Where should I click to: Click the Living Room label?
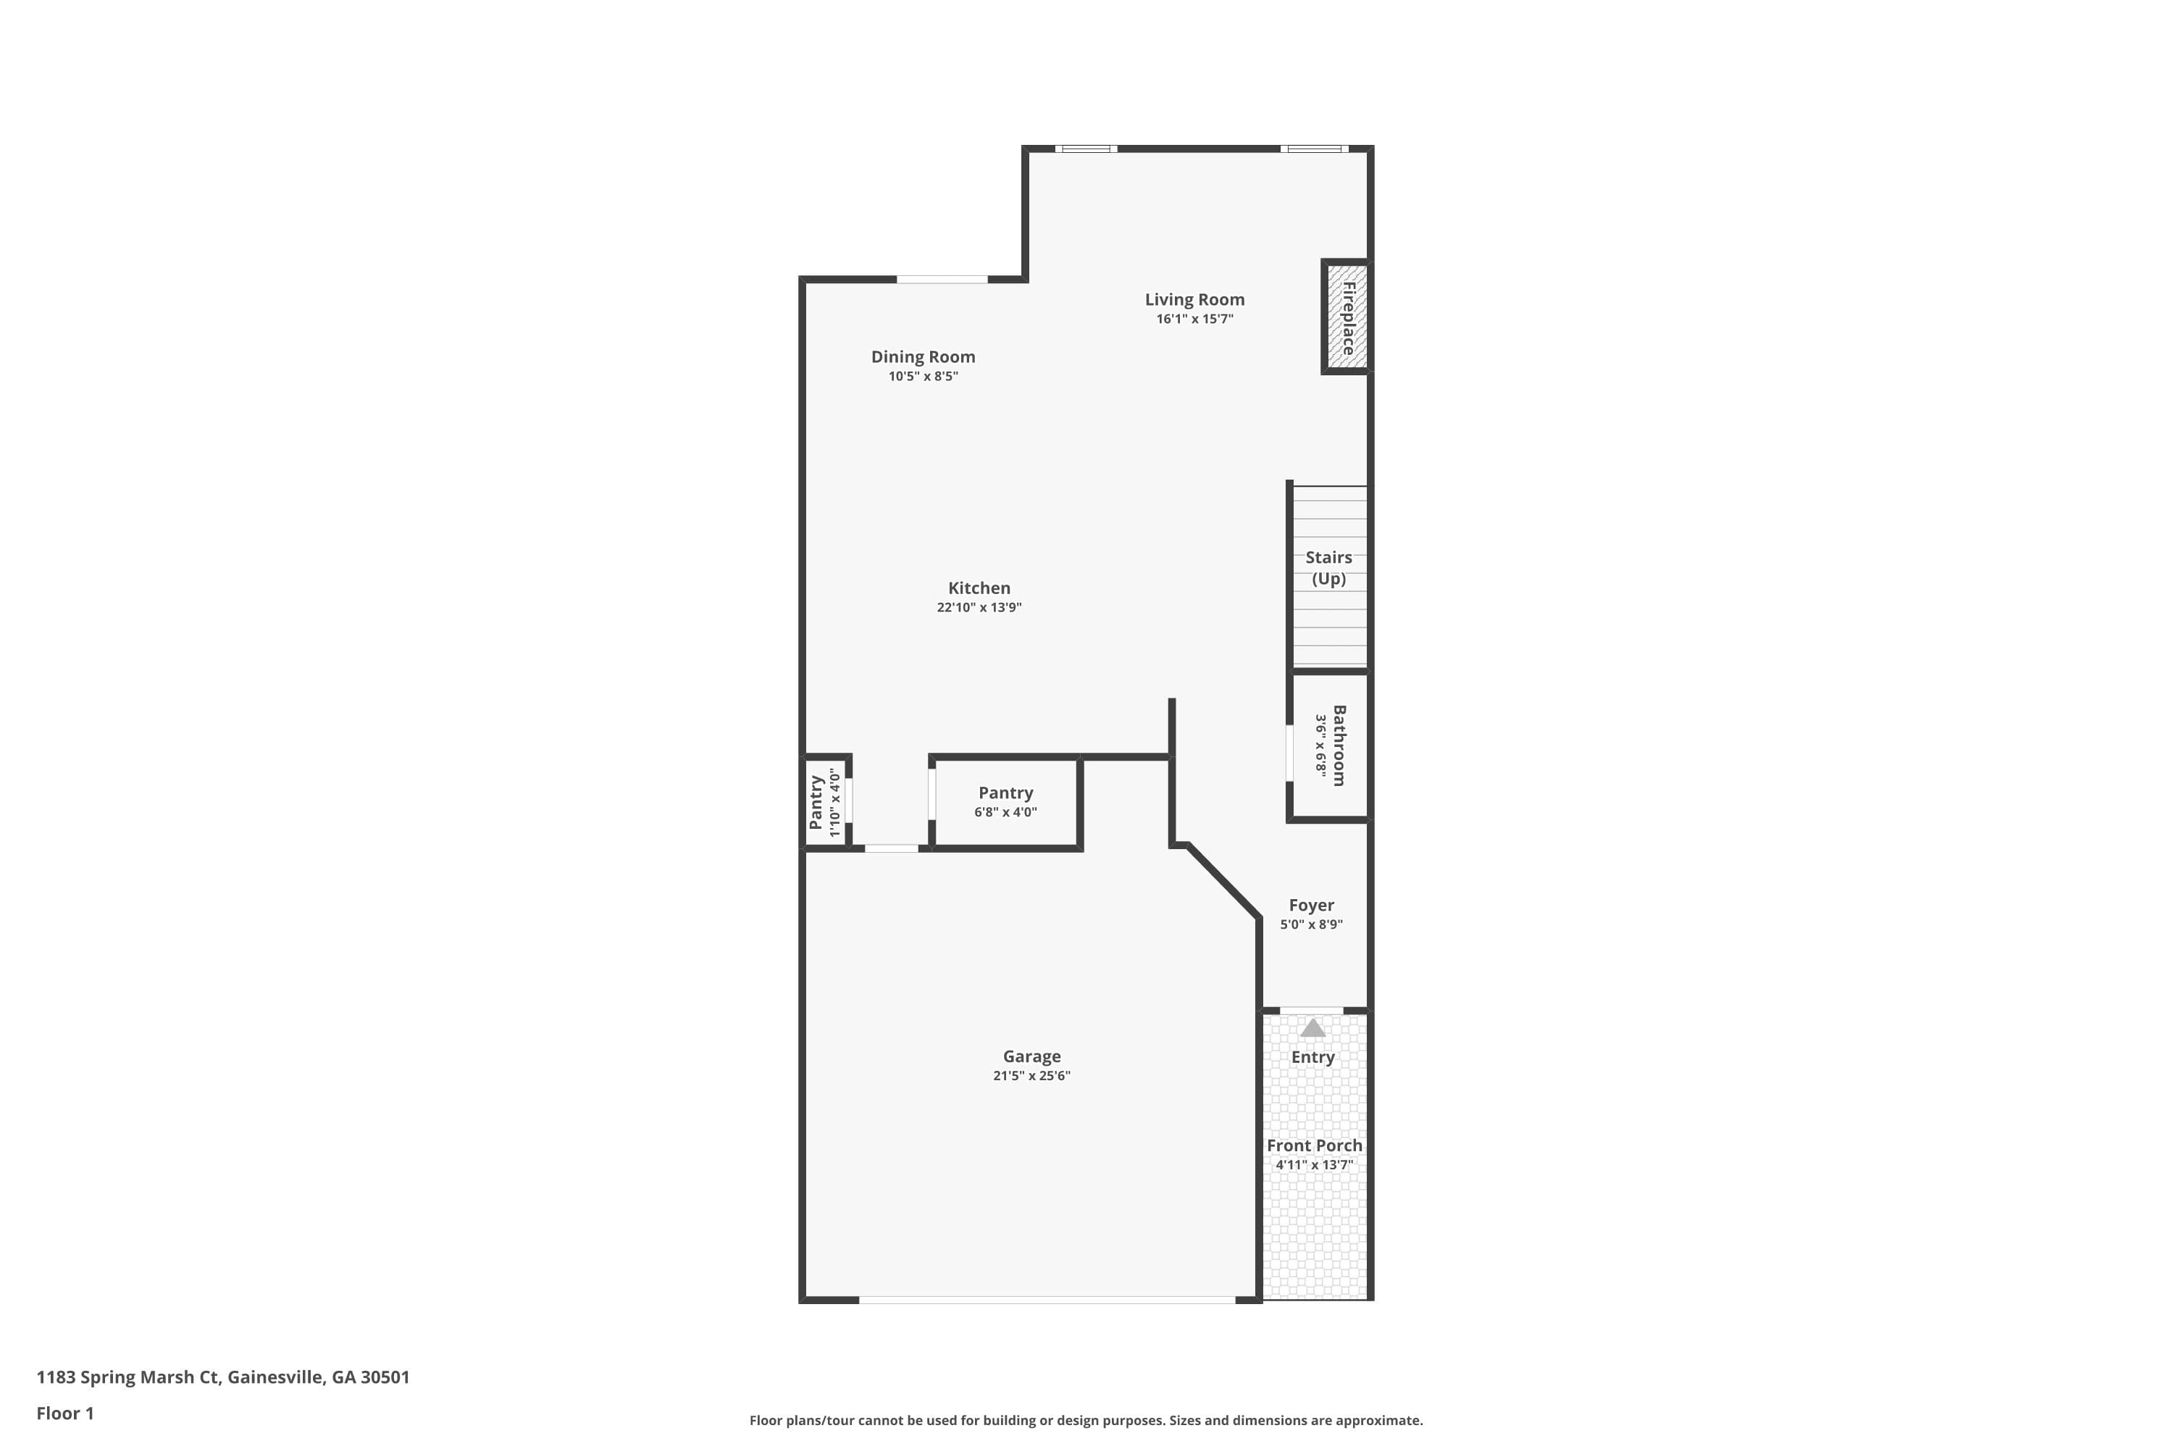[x=1194, y=299]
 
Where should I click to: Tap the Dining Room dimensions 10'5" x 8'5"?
[x=923, y=376]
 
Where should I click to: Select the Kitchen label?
[x=979, y=588]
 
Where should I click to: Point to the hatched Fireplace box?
[x=1346, y=317]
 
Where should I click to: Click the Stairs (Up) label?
[x=1328, y=567]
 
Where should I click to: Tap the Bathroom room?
[x=1329, y=745]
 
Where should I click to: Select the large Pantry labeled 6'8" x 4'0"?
[x=1005, y=801]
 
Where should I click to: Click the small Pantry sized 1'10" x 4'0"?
[x=825, y=801]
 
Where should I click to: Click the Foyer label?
[x=1311, y=905]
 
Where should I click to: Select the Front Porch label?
[x=1314, y=1145]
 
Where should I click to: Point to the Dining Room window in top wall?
[x=942, y=279]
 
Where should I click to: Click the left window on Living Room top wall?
[x=1086, y=149]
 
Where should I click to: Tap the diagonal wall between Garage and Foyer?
[x=1223, y=881]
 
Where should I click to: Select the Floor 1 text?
[x=64, y=1413]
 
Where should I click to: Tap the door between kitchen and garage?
[x=891, y=848]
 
